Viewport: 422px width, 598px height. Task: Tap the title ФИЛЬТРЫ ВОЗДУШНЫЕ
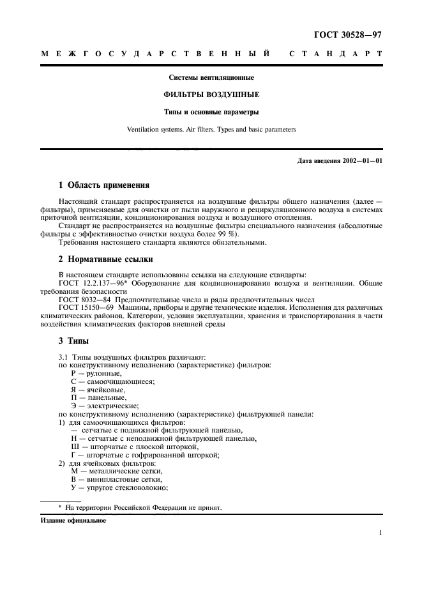(x=211, y=96)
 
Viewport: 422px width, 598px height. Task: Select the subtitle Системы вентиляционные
(x=211, y=79)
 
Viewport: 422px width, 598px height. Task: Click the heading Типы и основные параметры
(x=211, y=113)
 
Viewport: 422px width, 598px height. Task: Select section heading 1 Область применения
(x=104, y=186)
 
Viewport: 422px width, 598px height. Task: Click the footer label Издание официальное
(x=73, y=520)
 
